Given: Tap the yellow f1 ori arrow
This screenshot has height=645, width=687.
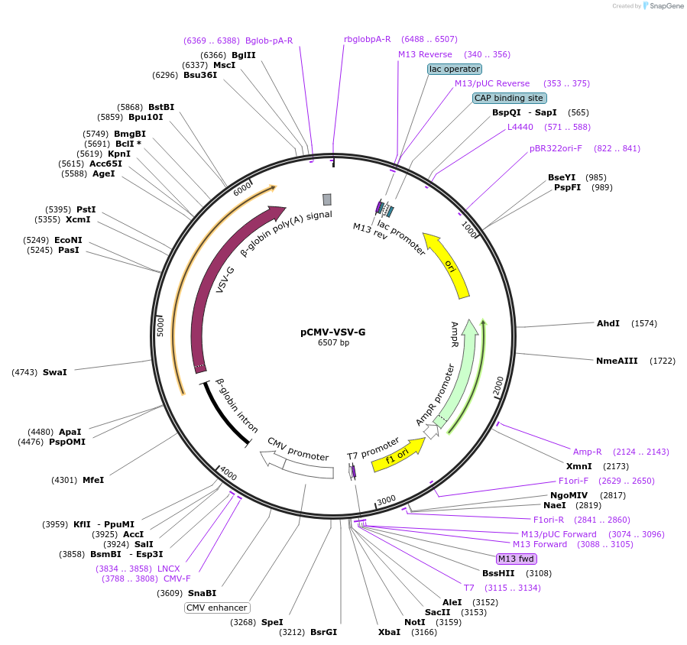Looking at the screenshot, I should [397, 455].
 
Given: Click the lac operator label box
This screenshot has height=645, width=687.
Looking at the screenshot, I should [455, 69].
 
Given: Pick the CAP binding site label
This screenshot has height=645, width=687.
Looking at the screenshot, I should [509, 98].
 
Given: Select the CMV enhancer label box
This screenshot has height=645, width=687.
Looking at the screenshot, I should [218, 608].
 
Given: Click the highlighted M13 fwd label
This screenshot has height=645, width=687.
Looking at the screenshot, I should [517, 559].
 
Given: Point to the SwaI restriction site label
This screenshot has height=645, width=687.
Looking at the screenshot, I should [55, 372].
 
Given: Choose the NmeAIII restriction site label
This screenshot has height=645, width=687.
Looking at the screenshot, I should [617, 360].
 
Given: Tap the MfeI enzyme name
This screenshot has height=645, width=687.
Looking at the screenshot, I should [93, 480].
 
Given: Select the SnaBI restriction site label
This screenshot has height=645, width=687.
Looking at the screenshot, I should [203, 593].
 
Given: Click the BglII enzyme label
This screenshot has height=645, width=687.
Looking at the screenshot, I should [244, 55].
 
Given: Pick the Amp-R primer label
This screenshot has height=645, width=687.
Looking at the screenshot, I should [588, 452].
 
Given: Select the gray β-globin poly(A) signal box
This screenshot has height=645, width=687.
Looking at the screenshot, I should [327, 199].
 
